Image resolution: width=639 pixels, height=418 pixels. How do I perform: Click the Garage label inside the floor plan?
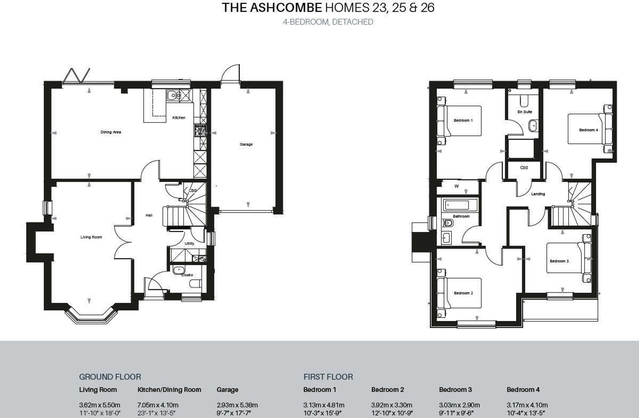point(246,144)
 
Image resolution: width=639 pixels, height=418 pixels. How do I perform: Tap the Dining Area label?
point(111,132)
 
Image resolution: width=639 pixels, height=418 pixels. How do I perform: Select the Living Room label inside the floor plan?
point(91,237)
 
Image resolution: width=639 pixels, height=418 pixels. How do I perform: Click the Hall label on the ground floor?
point(149,215)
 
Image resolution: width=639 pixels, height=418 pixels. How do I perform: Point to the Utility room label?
point(189,243)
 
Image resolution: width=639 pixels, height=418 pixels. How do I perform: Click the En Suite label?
point(525,112)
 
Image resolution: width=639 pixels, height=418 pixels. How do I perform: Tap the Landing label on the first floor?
point(538,194)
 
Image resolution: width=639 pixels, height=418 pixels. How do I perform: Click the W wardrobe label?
point(457,186)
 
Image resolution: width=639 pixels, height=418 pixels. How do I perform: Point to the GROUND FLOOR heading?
point(110,377)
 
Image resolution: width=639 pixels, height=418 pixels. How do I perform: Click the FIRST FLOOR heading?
point(328,377)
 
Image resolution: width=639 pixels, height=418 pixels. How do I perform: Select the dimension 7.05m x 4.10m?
point(158,405)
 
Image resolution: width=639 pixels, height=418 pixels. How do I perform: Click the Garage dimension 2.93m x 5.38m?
point(237,405)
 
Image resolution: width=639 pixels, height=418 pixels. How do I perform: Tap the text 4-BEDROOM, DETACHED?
point(328,22)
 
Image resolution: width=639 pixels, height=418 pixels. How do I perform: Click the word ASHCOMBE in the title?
point(286,8)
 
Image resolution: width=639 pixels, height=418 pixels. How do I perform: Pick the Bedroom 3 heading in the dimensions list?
point(455,390)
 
